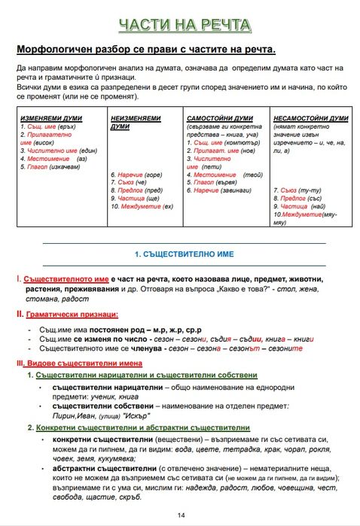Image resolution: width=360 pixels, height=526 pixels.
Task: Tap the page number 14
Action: pos(181,515)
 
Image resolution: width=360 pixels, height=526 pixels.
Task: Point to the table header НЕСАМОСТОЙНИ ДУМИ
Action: pos(311,118)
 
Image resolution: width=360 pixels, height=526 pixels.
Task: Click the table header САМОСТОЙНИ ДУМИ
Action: pos(220,118)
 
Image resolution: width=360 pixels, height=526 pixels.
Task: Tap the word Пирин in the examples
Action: pos(64,415)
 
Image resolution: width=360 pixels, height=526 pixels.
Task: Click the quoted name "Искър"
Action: pos(133,415)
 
